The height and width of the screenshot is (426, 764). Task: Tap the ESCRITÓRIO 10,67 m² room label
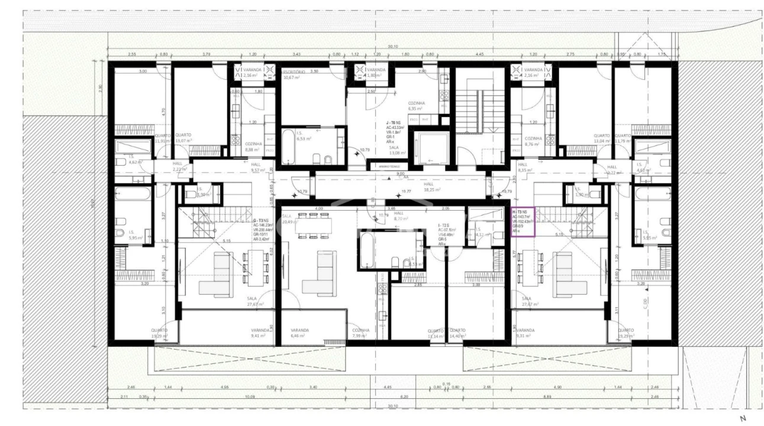(x=294, y=74)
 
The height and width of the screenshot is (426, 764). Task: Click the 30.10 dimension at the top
(x=391, y=47)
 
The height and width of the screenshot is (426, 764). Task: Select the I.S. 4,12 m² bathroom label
(x=480, y=232)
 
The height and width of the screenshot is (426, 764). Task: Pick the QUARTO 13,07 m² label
(x=183, y=138)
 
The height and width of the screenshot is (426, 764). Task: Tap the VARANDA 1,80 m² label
(x=376, y=73)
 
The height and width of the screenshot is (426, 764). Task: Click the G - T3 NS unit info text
(x=263, y=228)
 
